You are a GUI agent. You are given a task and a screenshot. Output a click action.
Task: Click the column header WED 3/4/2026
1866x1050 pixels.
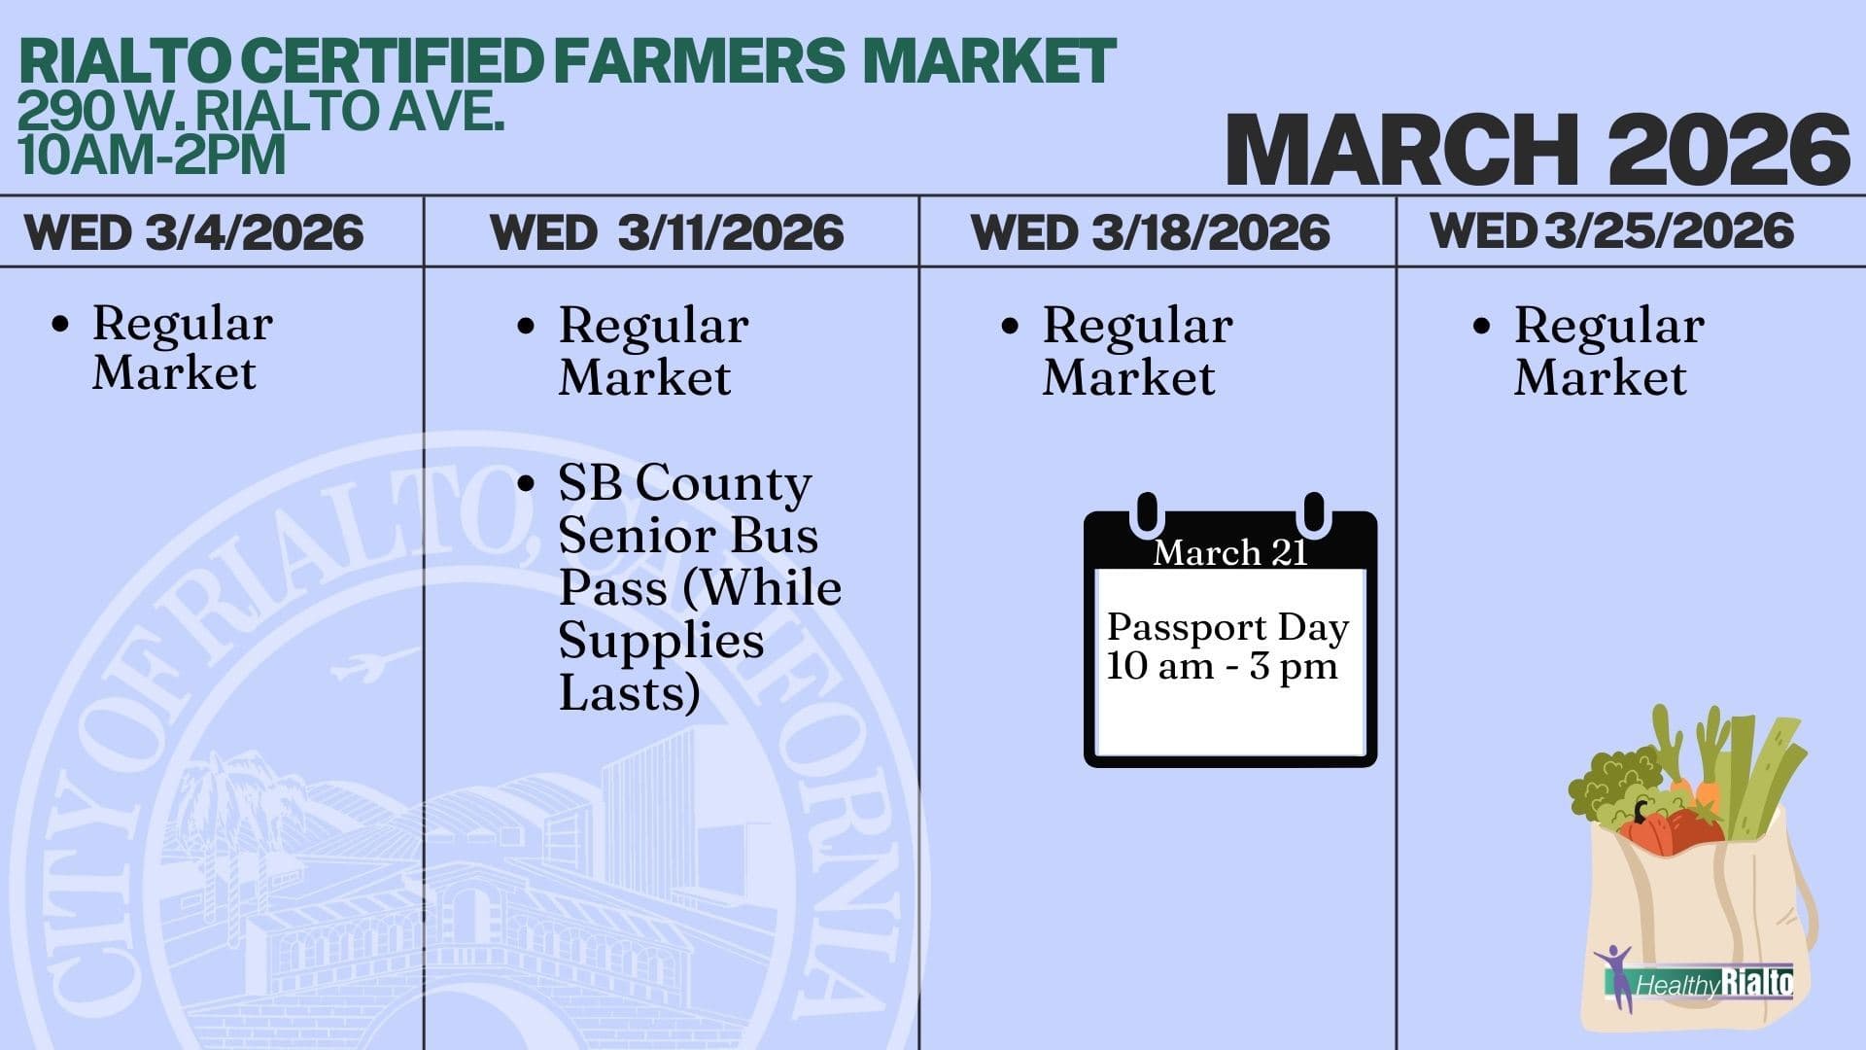pyautogui.click(x=194, y=233)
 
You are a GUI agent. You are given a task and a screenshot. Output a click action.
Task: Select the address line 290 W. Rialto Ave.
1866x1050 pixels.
pyautogui.click(x=260, y=112)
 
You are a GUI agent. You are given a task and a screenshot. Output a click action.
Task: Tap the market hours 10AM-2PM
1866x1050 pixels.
pyautogui.click(x=152, y=156)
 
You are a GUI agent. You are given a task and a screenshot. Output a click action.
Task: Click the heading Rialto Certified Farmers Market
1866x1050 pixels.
pyautogui.click(x=567, y=60)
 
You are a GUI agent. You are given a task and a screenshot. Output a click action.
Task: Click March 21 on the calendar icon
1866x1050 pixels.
pyautogui.click(x=1229, y=552)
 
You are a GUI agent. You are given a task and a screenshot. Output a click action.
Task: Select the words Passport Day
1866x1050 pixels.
pyautogui.click(x=1227, y=627)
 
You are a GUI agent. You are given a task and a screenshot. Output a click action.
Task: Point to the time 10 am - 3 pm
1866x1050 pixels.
pyautogui.click(x=1222, y=667)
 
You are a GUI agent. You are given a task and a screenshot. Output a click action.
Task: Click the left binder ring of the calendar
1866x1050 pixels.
pyautogui.click(x=1147, y=512)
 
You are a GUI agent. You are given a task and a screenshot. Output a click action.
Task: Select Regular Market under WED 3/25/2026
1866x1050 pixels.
pyautogui.click(x=1608, y=351)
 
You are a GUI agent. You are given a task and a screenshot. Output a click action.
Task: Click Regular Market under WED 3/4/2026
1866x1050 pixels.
pyautogui.click(x=182, y=348)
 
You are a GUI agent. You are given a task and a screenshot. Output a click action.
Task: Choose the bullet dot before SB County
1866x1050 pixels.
pyautogui.click(x=526, y=483)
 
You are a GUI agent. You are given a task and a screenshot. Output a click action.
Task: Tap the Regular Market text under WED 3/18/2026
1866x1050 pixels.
pyautogui.click(x=1137, y=351)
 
